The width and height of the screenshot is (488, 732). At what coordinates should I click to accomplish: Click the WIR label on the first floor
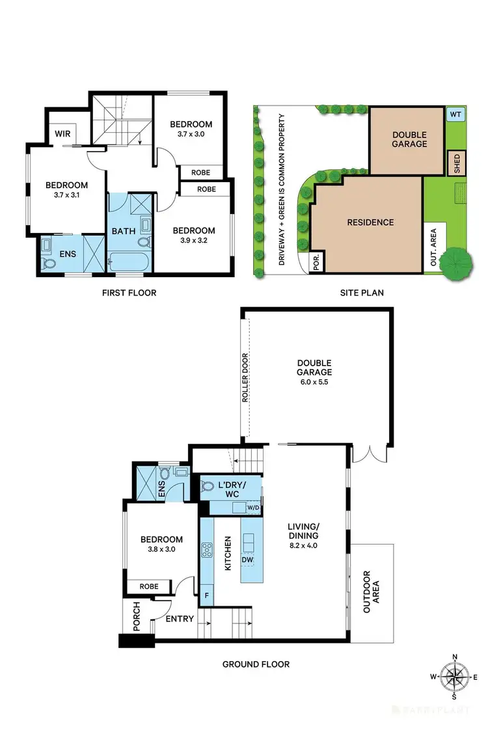pos(62,133)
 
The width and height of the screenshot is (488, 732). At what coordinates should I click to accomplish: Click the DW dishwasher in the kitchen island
pos(247,560)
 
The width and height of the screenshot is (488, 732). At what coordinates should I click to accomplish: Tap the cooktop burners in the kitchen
pos(208,550)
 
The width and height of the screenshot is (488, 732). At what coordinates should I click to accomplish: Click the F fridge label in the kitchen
pos(207,595)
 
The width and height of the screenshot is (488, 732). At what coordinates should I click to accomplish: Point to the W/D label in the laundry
pos(252,508)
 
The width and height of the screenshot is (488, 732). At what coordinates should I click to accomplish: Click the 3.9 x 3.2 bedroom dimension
pos(193,240)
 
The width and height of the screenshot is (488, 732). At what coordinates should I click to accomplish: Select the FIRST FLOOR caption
pos(129,293)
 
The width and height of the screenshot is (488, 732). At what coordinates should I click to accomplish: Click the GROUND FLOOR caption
pos(256,664)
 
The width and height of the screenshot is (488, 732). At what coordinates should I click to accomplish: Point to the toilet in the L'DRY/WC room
pos(208,485)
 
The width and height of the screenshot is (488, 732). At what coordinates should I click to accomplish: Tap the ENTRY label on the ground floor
pos(180,619)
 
